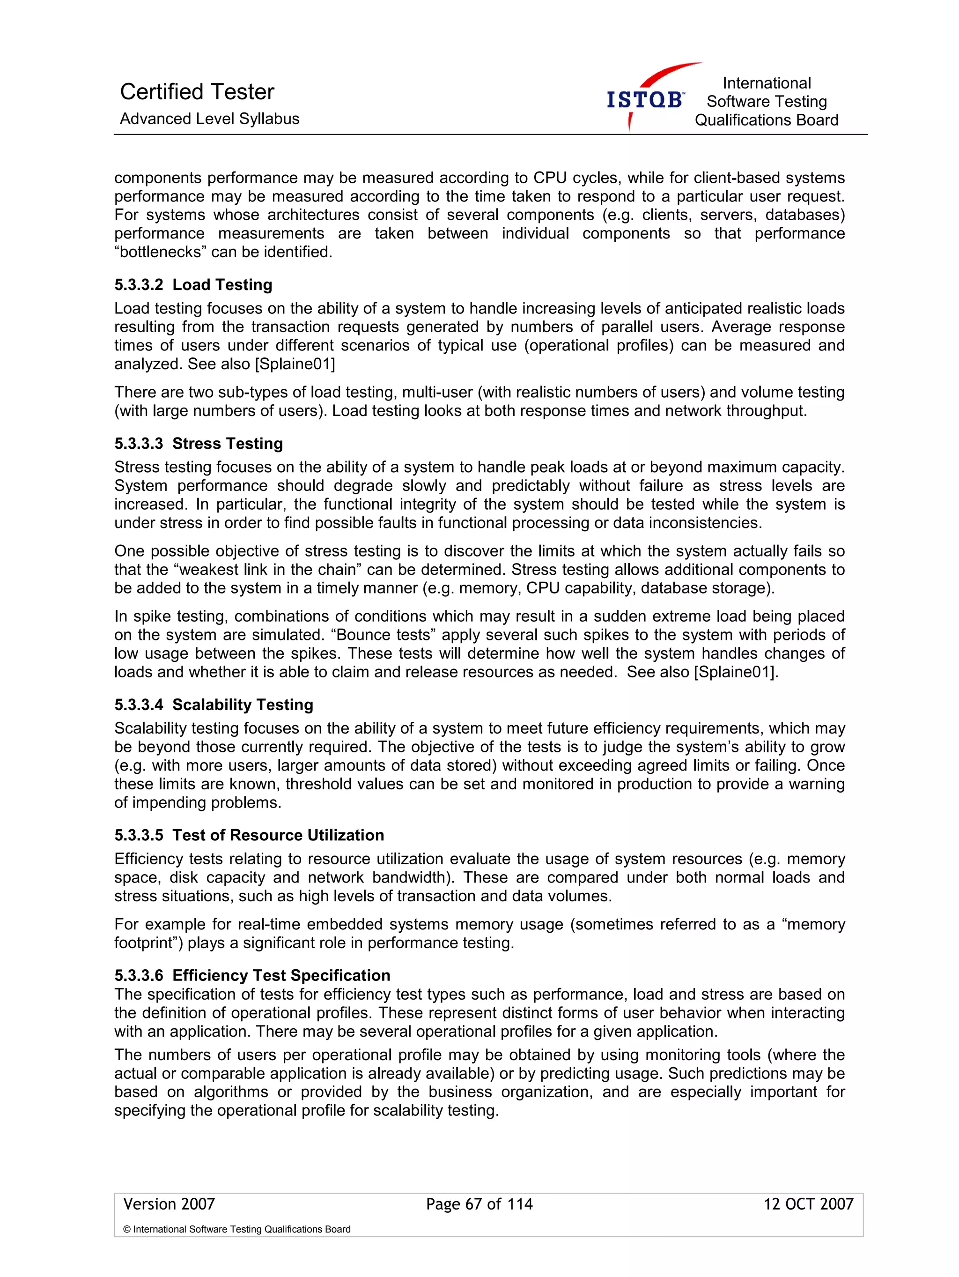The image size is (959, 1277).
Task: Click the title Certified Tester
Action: [x=197, y=92]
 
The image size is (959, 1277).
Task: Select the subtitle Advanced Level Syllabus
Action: [x=209, y=119]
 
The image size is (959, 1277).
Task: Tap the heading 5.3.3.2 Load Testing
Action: [x=193, y=285]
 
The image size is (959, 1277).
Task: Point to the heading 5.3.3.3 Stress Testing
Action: [x=199, y=443]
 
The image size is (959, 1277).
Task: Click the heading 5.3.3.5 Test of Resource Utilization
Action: [x=249, y=835]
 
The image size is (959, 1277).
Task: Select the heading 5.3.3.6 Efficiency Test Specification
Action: [x=252, y=975]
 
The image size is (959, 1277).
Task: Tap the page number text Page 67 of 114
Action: [x=479, y=1203]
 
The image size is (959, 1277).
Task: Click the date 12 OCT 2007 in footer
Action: [x=808, y=1203]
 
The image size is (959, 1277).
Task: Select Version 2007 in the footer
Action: [x=169, y=1203]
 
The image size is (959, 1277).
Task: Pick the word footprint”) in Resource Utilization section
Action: [x=148, y=943]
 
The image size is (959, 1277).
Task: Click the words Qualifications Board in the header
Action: [x=766, y=120]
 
